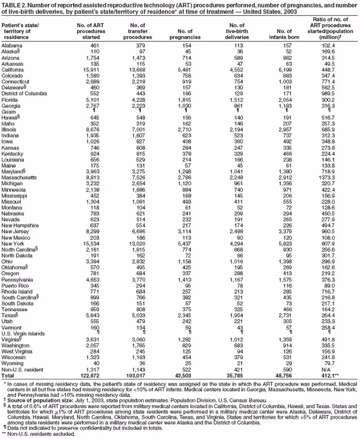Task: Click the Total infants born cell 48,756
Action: [281, 375]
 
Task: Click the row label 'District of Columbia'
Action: [24, 93]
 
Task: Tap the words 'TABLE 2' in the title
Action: [13, 4]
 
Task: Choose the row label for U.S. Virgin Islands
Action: [22, 334]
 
